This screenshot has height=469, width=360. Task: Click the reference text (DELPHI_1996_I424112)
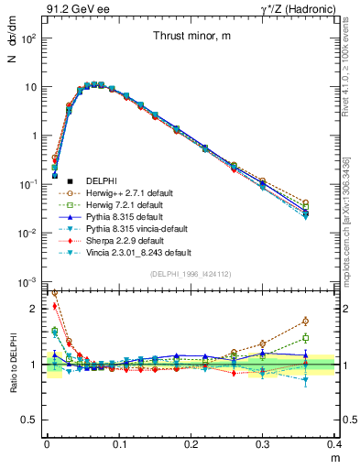191,274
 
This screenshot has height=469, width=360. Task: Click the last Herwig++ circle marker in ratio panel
331,321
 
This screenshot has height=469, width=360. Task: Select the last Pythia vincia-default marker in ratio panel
331,379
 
